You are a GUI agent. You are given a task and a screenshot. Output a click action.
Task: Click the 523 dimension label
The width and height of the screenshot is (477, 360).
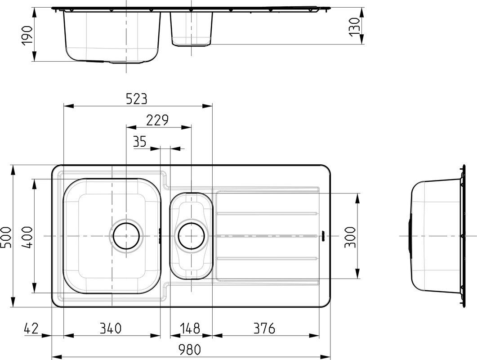click(x=137, y=99)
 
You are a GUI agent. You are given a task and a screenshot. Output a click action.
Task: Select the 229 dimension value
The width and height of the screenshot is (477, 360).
click(x=157, y=120)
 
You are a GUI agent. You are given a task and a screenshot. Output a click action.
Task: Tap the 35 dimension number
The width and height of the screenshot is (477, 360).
click(x=140, y=142)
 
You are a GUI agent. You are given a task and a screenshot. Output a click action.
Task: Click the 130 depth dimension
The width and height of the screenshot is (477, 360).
click(x=355, y=27)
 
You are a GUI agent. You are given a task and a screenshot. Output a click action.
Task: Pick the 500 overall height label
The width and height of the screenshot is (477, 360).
click(x=6, y=238)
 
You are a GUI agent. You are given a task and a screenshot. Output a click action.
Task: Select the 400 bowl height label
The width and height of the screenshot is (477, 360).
click(x=27, y=237)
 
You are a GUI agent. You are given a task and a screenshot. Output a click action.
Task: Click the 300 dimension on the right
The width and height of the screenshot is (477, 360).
click(x=350, y=237)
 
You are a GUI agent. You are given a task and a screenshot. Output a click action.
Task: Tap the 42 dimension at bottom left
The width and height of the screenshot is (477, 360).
click(x=31, y=328)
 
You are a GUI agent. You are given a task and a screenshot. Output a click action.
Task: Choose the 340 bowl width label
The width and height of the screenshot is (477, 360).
click(x=111, y=328)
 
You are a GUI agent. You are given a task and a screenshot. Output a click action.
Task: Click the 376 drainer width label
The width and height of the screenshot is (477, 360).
click(x=264, y=328)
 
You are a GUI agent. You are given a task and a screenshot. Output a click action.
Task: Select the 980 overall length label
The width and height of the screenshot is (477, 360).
click(x=190, y=350)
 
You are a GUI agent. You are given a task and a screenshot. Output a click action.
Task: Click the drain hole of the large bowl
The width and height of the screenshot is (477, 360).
click(x=126, y=236)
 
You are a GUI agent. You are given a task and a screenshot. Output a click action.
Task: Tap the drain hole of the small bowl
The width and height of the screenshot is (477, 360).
click(x=192, y=236)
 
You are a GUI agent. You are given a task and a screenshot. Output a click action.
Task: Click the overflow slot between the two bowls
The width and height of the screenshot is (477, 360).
click(x=160, y=236)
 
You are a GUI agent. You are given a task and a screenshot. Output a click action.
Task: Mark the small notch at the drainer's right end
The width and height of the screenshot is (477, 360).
click(x=323, y=236)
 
